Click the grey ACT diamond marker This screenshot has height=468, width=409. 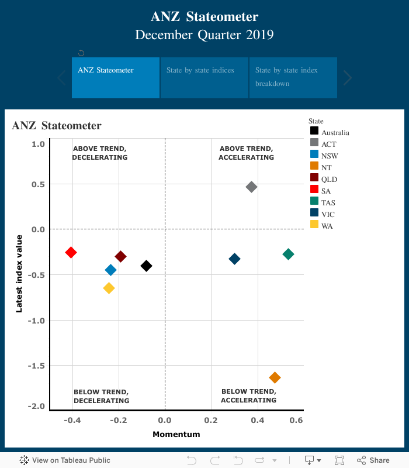[252, 187]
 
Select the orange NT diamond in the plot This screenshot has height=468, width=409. [275, 377]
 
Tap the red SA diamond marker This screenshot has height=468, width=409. [71, 252]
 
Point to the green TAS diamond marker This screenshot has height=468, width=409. [288, 254]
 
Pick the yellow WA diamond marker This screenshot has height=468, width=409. [109, 288]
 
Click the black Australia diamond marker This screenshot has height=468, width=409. [146, 266]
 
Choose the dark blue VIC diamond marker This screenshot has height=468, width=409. [234, 259]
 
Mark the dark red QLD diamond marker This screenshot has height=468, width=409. [121, 256]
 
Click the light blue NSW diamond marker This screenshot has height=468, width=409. [110, 270]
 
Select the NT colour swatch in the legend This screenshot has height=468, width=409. [314, 167]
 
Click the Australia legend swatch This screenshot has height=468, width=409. [314, 132]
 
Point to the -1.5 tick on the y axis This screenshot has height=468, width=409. [37, 366]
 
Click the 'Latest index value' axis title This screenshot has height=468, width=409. [19, 273]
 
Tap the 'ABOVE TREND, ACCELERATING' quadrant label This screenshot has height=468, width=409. [246, 153]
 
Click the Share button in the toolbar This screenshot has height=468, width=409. [373, 460]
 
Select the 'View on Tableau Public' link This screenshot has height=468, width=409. [65, 460]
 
